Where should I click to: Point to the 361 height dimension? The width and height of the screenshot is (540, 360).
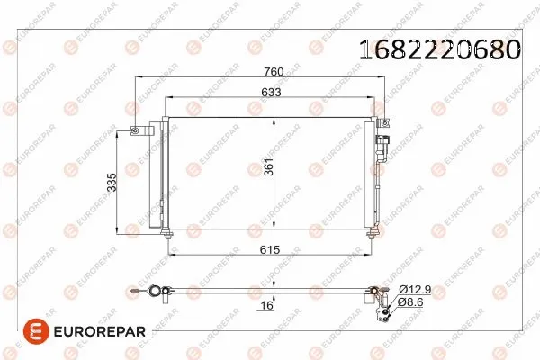pos(268,172)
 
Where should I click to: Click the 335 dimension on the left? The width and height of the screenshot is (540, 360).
pos(112,184)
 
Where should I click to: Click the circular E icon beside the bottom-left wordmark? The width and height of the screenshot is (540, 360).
pos(21,332)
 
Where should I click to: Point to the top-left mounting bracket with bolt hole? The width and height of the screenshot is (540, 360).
pos(137,131)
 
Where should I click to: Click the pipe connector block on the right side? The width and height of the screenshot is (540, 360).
pos(384,144)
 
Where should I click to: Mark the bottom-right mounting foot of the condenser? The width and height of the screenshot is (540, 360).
pos(371,233)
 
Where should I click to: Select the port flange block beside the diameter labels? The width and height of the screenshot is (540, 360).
pos(383,303)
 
